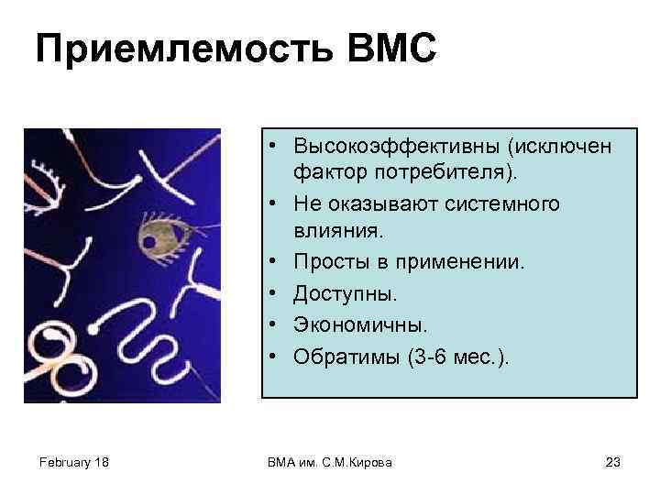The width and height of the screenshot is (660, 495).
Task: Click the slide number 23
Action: click(613, 462)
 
